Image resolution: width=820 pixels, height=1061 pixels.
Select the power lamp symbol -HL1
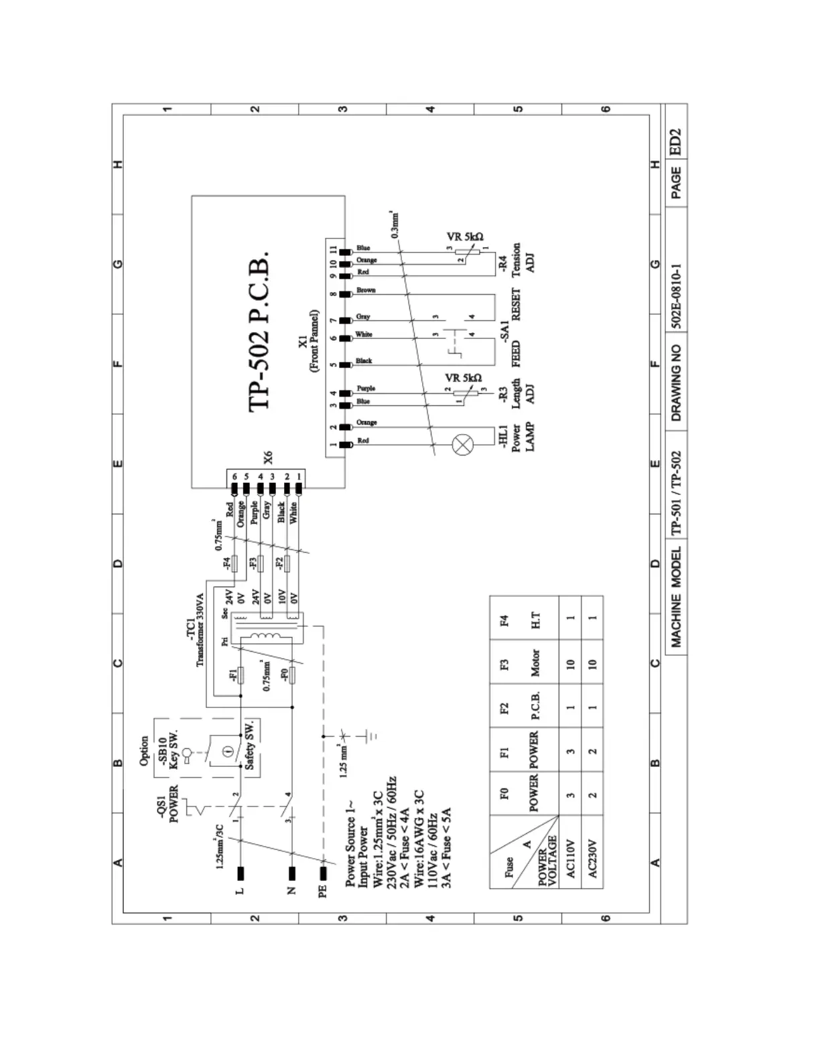464,444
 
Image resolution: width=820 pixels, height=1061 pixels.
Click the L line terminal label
241,892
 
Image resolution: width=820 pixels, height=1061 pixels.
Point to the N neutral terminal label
292,892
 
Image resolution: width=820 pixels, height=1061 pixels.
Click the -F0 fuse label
284,675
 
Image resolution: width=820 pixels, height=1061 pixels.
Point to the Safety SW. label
249,746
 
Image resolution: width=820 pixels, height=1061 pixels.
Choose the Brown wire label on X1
366,290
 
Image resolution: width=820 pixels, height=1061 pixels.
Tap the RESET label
515,305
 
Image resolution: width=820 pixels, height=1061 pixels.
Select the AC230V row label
592,859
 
